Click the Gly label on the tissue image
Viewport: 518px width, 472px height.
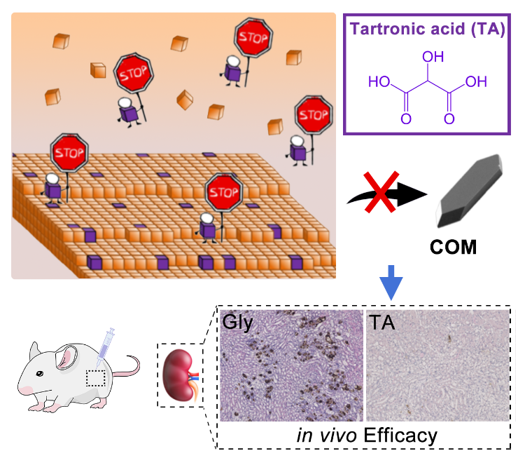[239, 322]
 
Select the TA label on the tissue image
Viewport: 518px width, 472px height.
[381, 322]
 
